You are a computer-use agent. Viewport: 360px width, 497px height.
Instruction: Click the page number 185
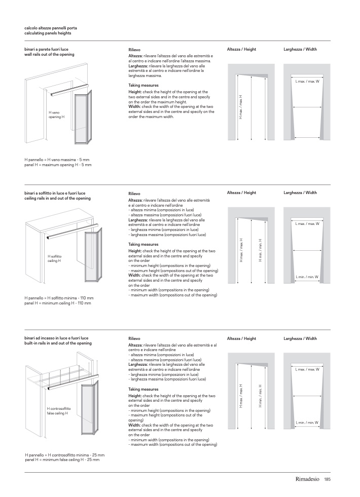click(x=328, y=480)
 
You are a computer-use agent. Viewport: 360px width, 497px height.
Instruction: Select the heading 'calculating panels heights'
click(x=48, y=33)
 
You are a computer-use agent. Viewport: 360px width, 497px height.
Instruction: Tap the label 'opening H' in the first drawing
click(x=56, y=117)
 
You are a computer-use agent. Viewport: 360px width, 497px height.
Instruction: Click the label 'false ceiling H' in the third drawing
click(x=58, y=413)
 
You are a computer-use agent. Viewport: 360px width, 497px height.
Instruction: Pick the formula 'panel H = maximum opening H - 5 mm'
click(x=58, y=165)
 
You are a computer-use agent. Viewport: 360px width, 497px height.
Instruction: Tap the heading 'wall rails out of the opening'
click(x=49, y=54)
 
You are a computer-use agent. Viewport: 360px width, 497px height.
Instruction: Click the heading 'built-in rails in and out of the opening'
click(x=58, y=343)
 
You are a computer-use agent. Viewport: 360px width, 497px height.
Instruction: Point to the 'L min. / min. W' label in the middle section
click(x=307, y=277)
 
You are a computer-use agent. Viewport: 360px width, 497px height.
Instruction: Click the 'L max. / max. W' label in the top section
click(x=307, y=81)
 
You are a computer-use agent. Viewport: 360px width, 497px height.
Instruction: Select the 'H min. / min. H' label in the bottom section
click(x=260, y=396)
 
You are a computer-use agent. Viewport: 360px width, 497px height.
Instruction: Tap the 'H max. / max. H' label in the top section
click(x=241, y=106)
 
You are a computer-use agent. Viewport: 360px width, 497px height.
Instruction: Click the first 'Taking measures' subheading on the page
click(x=143, y=86)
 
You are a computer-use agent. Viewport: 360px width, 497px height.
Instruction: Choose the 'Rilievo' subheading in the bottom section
click(x=135, y=338)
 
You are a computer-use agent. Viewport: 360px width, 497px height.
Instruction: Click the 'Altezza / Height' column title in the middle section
click(x=241, y=193)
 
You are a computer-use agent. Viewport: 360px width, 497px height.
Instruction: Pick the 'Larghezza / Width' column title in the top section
click(x=300, y=49)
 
